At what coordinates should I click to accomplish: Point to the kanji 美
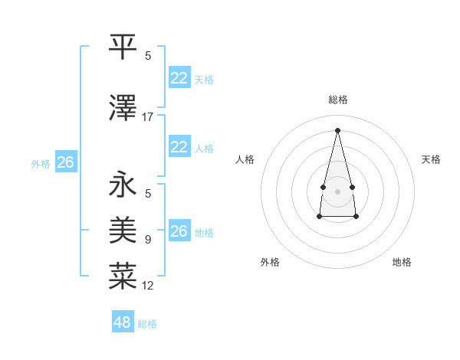pos(123,230)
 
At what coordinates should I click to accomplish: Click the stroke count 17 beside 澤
pos(148,117)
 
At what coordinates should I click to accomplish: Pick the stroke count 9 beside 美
pos(148,240)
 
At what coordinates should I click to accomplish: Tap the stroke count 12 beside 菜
pos(148,286)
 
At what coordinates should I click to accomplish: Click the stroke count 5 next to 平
pos(148,56)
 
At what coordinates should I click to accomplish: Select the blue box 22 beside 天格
pos(179,78)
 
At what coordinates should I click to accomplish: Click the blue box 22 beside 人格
pos(179,147)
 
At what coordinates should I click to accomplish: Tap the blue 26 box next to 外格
pos(65,162)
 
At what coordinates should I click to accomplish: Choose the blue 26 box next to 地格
pos(179,231)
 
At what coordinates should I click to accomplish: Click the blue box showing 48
pos(123,322)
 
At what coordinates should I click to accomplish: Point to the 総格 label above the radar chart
pos(338,100)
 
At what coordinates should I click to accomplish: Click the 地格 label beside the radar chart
pos(402,262)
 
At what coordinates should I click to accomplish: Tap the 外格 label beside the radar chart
pos(270,262)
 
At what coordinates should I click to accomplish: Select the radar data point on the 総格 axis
pos(337,129)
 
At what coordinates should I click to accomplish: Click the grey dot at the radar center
pos(337,191)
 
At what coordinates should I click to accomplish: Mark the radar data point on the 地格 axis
pos(356,217)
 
